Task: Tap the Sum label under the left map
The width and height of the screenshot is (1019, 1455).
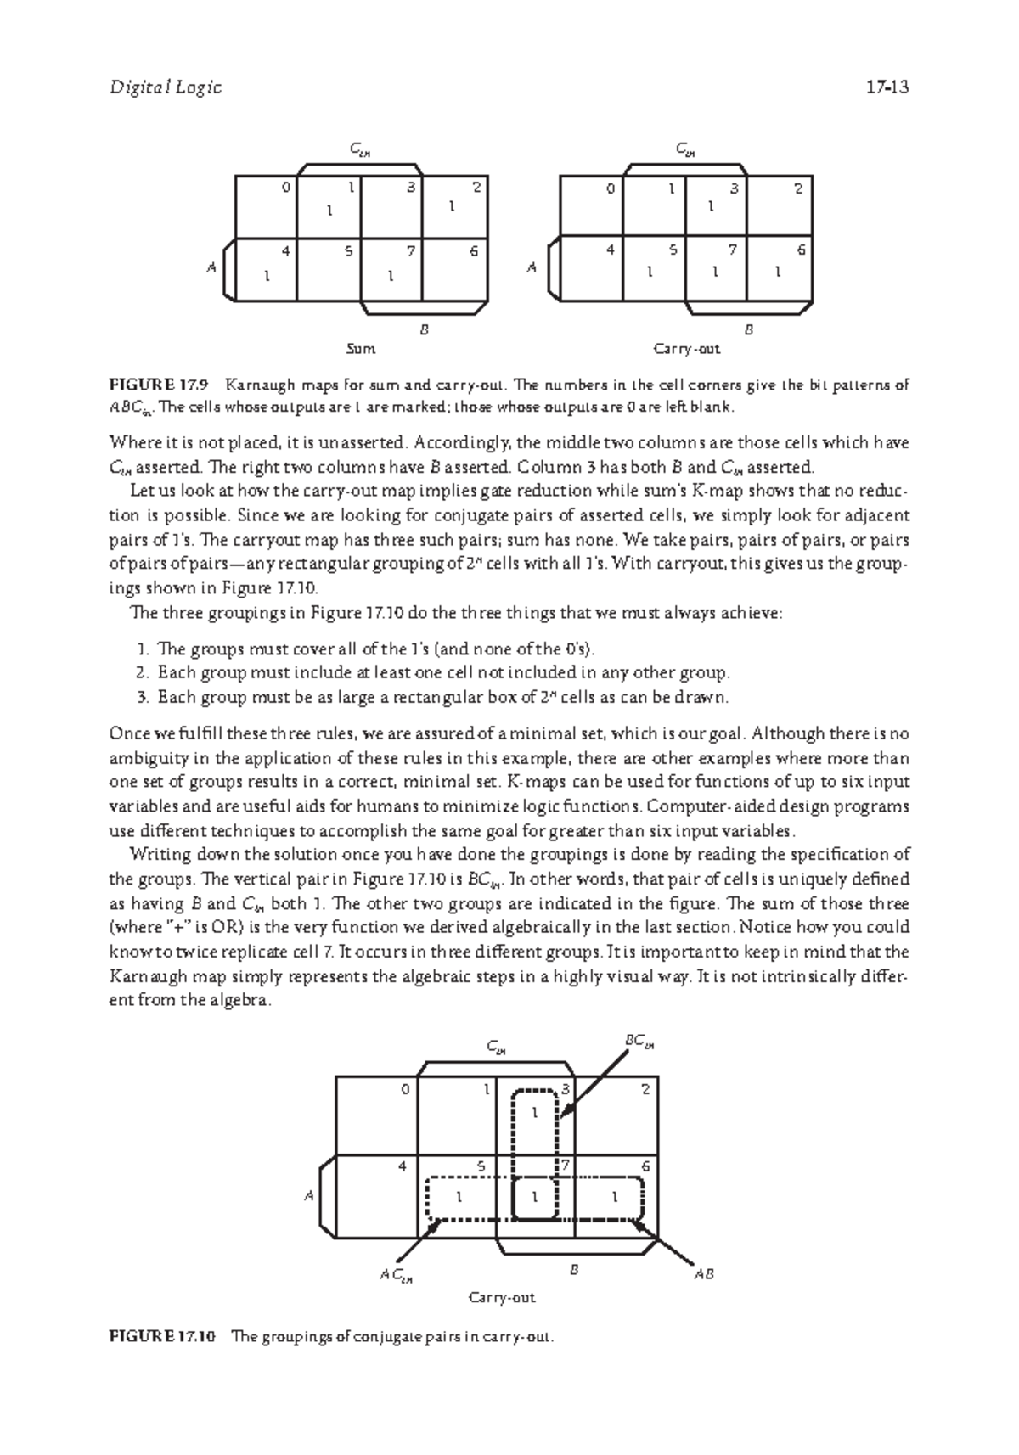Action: [x=361, y=349]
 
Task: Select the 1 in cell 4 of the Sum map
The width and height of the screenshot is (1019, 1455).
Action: [x=267, y=275]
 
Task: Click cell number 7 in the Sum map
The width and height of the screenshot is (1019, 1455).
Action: [x=410, y=250]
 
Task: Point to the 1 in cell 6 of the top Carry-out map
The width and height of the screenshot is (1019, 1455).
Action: [x=777, y=272]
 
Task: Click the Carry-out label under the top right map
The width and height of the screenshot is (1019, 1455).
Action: [x=686, y=349]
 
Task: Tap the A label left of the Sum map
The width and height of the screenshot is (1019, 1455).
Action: [x=211, y=268]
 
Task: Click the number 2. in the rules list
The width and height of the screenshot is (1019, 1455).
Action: [x=143, y=673]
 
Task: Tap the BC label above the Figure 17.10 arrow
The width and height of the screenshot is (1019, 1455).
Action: [x=639, y=1041]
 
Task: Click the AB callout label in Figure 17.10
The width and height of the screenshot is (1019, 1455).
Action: [x=703, y=1274]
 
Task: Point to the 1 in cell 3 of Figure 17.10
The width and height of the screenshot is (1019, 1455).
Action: [x=534, y=1112]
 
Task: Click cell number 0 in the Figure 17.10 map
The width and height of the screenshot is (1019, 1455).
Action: [x=405, y=1089]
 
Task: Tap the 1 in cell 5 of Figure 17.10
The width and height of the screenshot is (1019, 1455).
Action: [x=459, y=1197]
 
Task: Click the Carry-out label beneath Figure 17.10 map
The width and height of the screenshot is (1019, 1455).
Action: [x=502, y=1298]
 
